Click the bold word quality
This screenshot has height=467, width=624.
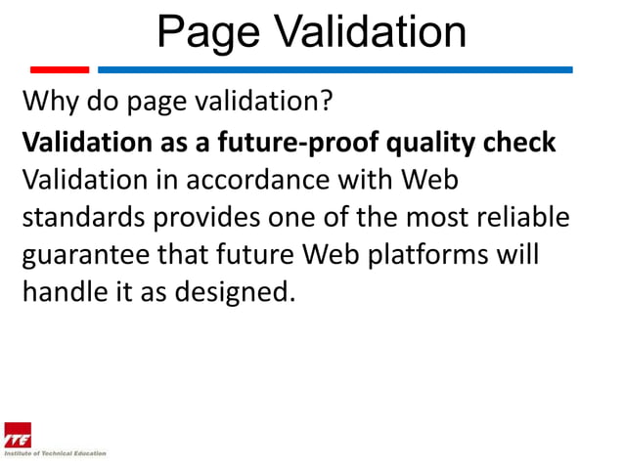432,143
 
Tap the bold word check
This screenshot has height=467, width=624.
521,143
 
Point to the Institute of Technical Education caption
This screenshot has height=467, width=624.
55,453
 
